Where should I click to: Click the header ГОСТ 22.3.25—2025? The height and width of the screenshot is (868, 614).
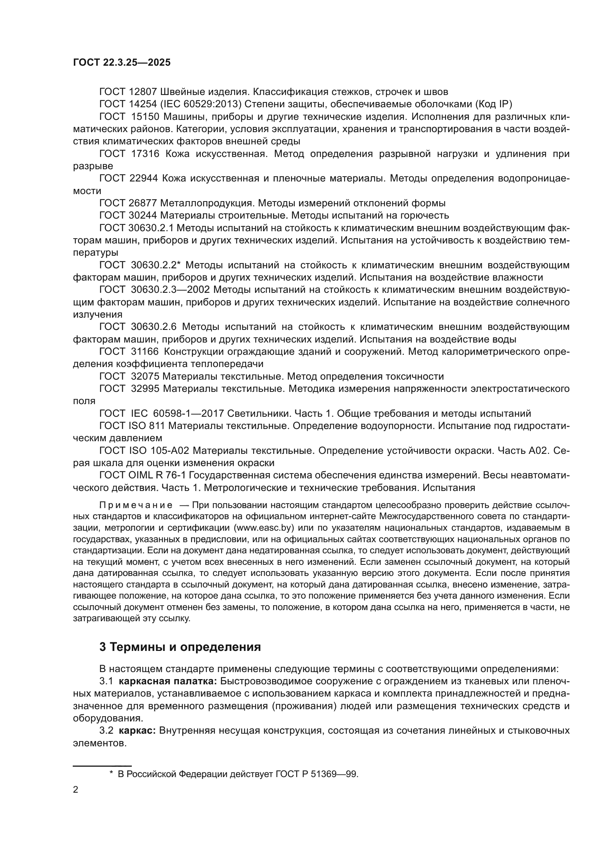coord(122,62)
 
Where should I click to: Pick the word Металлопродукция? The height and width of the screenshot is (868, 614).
coord(208,203)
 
